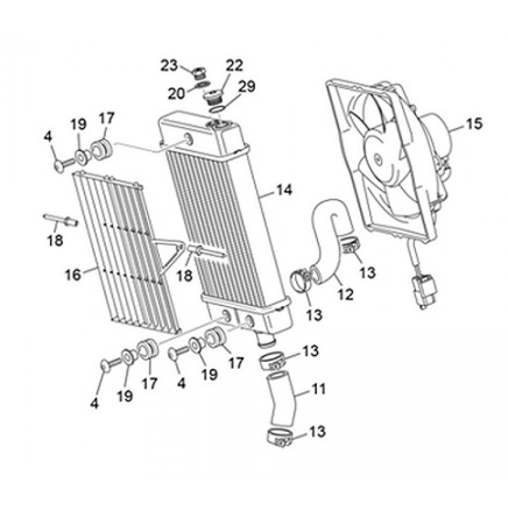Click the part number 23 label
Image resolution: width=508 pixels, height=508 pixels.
170,65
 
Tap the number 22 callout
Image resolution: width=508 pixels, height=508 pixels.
234,66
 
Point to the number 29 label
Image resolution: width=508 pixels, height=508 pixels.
247,86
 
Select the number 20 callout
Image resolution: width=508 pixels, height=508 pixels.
177,93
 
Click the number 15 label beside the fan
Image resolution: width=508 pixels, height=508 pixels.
474,123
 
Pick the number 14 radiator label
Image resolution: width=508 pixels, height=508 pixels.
284,190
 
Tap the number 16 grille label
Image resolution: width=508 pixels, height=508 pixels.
73,275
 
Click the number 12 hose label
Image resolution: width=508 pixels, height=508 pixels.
345,294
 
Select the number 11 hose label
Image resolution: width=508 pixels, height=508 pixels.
318,389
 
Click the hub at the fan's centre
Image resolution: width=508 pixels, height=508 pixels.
377,158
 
